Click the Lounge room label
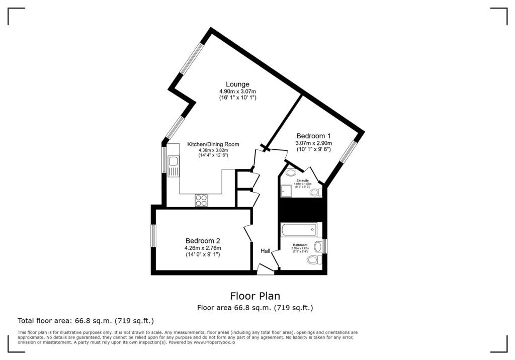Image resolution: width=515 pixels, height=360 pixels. (237, 84)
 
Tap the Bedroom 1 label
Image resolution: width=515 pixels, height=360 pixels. (313, 136)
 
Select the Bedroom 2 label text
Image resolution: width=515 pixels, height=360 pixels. (202, 240)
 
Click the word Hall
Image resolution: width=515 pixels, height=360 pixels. (266, 251)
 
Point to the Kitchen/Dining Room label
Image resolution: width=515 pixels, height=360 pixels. (213, 144)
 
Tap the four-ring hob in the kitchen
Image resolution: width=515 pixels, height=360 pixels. (202, 200)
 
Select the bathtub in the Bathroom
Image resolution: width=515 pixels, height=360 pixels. (299, 230)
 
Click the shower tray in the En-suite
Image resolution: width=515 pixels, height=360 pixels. (287, 191)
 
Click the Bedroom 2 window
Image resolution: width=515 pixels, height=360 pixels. (153, 235)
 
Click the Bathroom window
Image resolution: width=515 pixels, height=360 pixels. (325, 246)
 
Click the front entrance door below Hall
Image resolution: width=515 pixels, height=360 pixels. (265, 270)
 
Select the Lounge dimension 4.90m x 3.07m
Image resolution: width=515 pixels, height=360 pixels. (237, 91)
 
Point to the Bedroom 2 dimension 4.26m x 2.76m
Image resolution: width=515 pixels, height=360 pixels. (202, 248)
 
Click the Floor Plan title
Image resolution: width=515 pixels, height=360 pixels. (255, 296)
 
